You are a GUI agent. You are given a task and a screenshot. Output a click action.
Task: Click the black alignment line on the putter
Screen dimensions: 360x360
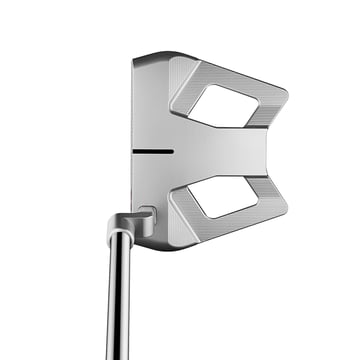153,152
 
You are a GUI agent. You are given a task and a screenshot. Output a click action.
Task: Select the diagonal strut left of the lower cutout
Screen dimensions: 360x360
185,205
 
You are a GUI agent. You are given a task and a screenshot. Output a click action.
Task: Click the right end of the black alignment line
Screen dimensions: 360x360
172,152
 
